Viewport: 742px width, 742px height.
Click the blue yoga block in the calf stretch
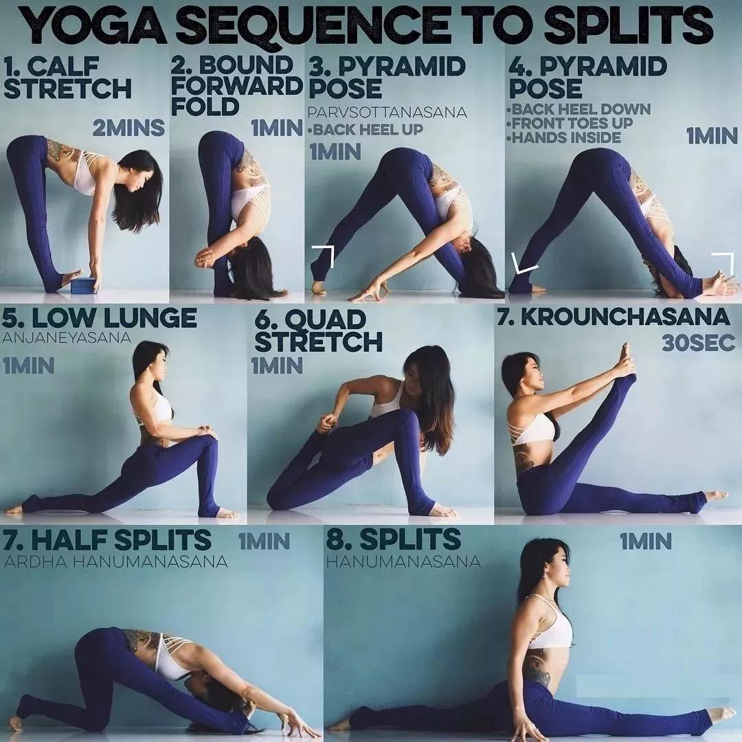(84, 285)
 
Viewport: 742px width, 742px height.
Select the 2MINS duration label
(128, 128)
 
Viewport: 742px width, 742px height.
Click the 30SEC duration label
(699, 344)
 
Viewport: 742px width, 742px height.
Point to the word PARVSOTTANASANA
(387, 113)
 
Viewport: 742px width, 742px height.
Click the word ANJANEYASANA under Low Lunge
(66, 338)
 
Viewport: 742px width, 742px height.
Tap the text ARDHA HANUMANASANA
(115, 562)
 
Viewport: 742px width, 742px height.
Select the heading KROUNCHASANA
(625, 317)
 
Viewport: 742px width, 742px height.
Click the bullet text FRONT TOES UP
(570, 123)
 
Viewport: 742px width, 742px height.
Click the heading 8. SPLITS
(393, 539)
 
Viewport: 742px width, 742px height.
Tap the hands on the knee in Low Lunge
(207, 432)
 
